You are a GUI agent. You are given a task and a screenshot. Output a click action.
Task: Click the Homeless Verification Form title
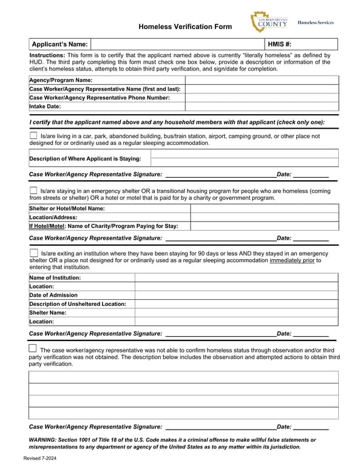tap(185, 27)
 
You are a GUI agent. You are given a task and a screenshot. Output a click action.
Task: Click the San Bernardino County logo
tap(269, 22)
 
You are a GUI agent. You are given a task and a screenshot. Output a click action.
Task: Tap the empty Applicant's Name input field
tap(177, 44)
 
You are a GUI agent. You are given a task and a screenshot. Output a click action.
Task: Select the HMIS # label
tap(280, 44)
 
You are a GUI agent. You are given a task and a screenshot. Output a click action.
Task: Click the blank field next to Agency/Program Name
tap(261, 80)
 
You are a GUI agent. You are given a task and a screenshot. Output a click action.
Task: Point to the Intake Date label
tap(46, 106)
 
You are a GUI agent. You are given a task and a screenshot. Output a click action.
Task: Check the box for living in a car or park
tap(33, 136)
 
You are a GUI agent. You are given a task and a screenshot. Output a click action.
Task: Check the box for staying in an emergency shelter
tap(33, 191)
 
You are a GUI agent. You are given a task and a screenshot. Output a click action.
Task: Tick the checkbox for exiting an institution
tap(33, 253)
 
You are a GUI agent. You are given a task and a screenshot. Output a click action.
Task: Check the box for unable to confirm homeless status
tap(33, 349)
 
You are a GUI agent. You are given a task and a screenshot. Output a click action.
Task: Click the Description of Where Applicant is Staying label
tap(85, 159)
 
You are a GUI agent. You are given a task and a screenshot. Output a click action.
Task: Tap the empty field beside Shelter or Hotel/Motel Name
tap(264, 208)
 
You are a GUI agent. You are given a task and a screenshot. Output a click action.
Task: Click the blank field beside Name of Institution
tap(236, 278)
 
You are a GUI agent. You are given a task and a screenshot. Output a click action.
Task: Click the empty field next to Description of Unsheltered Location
tap(236, 304)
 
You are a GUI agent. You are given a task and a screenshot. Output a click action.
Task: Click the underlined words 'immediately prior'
tap(291, 260)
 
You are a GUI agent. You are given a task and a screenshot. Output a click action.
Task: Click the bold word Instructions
tap(47, 55)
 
